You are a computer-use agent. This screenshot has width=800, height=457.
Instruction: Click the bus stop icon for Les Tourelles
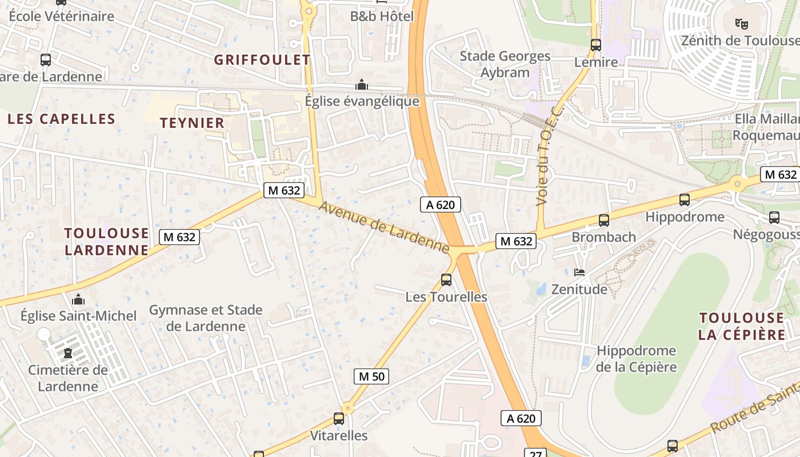(446, 280)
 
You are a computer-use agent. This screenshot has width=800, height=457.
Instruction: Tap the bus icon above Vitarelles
(339, 419)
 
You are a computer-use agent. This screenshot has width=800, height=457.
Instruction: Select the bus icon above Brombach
(604, 220)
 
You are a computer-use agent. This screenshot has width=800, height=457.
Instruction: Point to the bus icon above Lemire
(596, 45)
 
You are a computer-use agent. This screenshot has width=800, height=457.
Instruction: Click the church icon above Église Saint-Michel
(78, 299)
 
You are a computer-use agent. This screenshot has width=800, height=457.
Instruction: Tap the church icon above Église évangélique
(361, 85)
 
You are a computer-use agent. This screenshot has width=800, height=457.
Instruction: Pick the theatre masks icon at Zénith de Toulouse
(742, 24)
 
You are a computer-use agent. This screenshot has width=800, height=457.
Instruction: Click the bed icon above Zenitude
(579, 272)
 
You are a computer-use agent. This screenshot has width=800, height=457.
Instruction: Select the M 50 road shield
(371, 376)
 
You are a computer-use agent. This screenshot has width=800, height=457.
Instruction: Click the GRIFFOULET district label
(262, 60)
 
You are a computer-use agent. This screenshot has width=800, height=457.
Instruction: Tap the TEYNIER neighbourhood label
(192, 123)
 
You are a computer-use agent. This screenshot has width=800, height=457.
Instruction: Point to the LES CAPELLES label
(62, 119)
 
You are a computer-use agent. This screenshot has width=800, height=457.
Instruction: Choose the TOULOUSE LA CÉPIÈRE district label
(742, 326)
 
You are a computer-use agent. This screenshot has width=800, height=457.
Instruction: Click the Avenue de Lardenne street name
(383, 227)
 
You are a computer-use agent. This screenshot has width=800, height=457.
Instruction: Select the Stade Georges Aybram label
(505, 64)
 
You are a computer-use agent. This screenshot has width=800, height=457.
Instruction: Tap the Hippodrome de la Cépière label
(636, 359)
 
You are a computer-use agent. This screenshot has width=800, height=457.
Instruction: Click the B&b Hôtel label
(382, 16)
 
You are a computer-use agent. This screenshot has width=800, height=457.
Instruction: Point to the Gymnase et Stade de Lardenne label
(206, 318)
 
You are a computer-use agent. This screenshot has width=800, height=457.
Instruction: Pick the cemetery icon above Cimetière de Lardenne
(68, 352)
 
